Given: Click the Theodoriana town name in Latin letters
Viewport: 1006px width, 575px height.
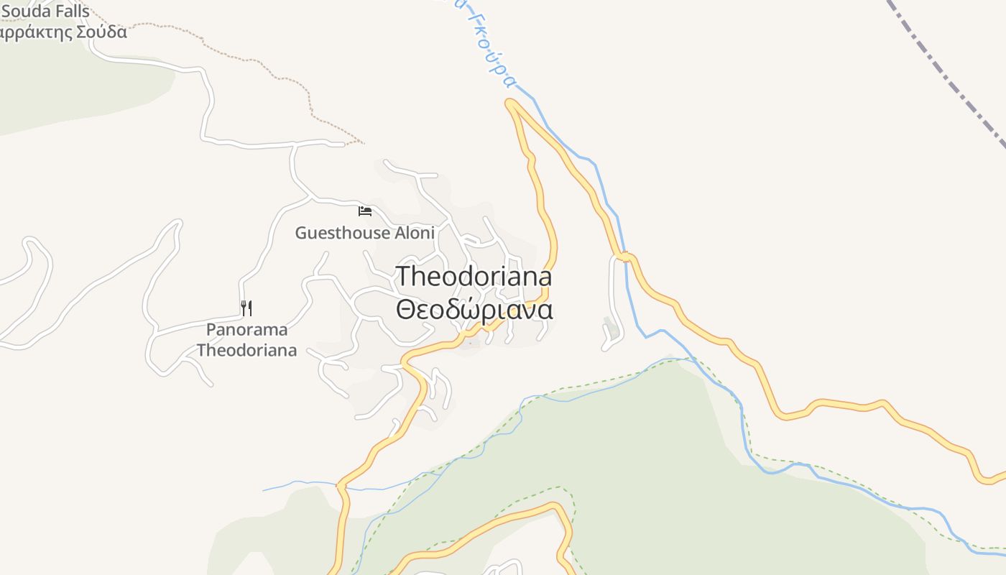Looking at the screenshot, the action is (x=474, y=277).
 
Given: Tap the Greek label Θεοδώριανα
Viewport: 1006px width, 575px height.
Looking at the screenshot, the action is (x=474, y=310).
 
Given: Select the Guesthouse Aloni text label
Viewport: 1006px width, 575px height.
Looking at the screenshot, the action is (x=364, y=233).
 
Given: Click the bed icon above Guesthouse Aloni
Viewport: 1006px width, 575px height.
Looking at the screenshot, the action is (x=365, y=211).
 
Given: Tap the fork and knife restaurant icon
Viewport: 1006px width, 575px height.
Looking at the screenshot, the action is (x=246, y=308).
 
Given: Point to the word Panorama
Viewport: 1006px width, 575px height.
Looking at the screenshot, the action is (x=246, y=330).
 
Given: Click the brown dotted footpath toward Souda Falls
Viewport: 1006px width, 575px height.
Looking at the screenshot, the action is (x=287, y=73).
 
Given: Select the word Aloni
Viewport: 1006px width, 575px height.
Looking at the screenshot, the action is (x=415, y=233).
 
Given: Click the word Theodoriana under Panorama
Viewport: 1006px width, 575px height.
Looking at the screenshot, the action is (x=246, y=351).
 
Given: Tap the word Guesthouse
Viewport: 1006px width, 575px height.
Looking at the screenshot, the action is (x=342, y=233).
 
